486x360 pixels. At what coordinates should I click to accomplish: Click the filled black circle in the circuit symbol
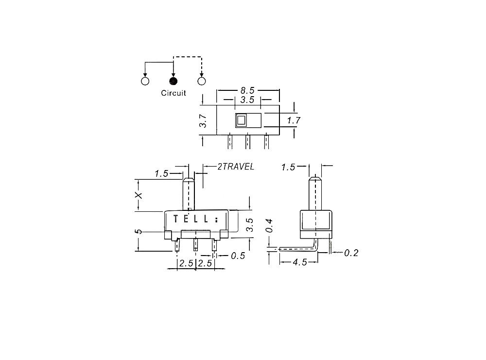pyautogui.click(x=174, y=81)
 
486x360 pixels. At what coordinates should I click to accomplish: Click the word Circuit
pyautogui.click(x=174, y=93)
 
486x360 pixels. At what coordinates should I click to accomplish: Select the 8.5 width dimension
pyautogui.click(x=248, y=90)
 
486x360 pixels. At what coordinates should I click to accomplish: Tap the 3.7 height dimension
pyautogui.click(x=204, y=121)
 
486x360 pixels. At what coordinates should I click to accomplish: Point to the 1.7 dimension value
pyautogui.click(x=293, y=120)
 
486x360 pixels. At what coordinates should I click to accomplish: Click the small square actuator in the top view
pyautogui.click(x=241, y=120)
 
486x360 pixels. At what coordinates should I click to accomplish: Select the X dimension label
pyautogui.click(x=139, y=195)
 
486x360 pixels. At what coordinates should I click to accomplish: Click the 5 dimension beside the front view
pyautogui.click(x=139, y=232)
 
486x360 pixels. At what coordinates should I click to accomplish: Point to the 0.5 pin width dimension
pyautogui.click(x=238, y=256)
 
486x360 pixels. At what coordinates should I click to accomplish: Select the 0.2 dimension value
pyautogui.click(x=351, y=253)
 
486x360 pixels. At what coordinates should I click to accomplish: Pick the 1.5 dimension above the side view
pyautogui.click(x=289, y=167)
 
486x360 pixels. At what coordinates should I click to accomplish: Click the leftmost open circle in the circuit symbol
pyautogui.click(x=145, y=81)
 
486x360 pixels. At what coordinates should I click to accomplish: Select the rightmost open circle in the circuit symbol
pyautogui.click(x=202, y=81)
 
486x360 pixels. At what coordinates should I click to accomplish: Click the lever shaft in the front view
pyautogui.click(x=189, y=194)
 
